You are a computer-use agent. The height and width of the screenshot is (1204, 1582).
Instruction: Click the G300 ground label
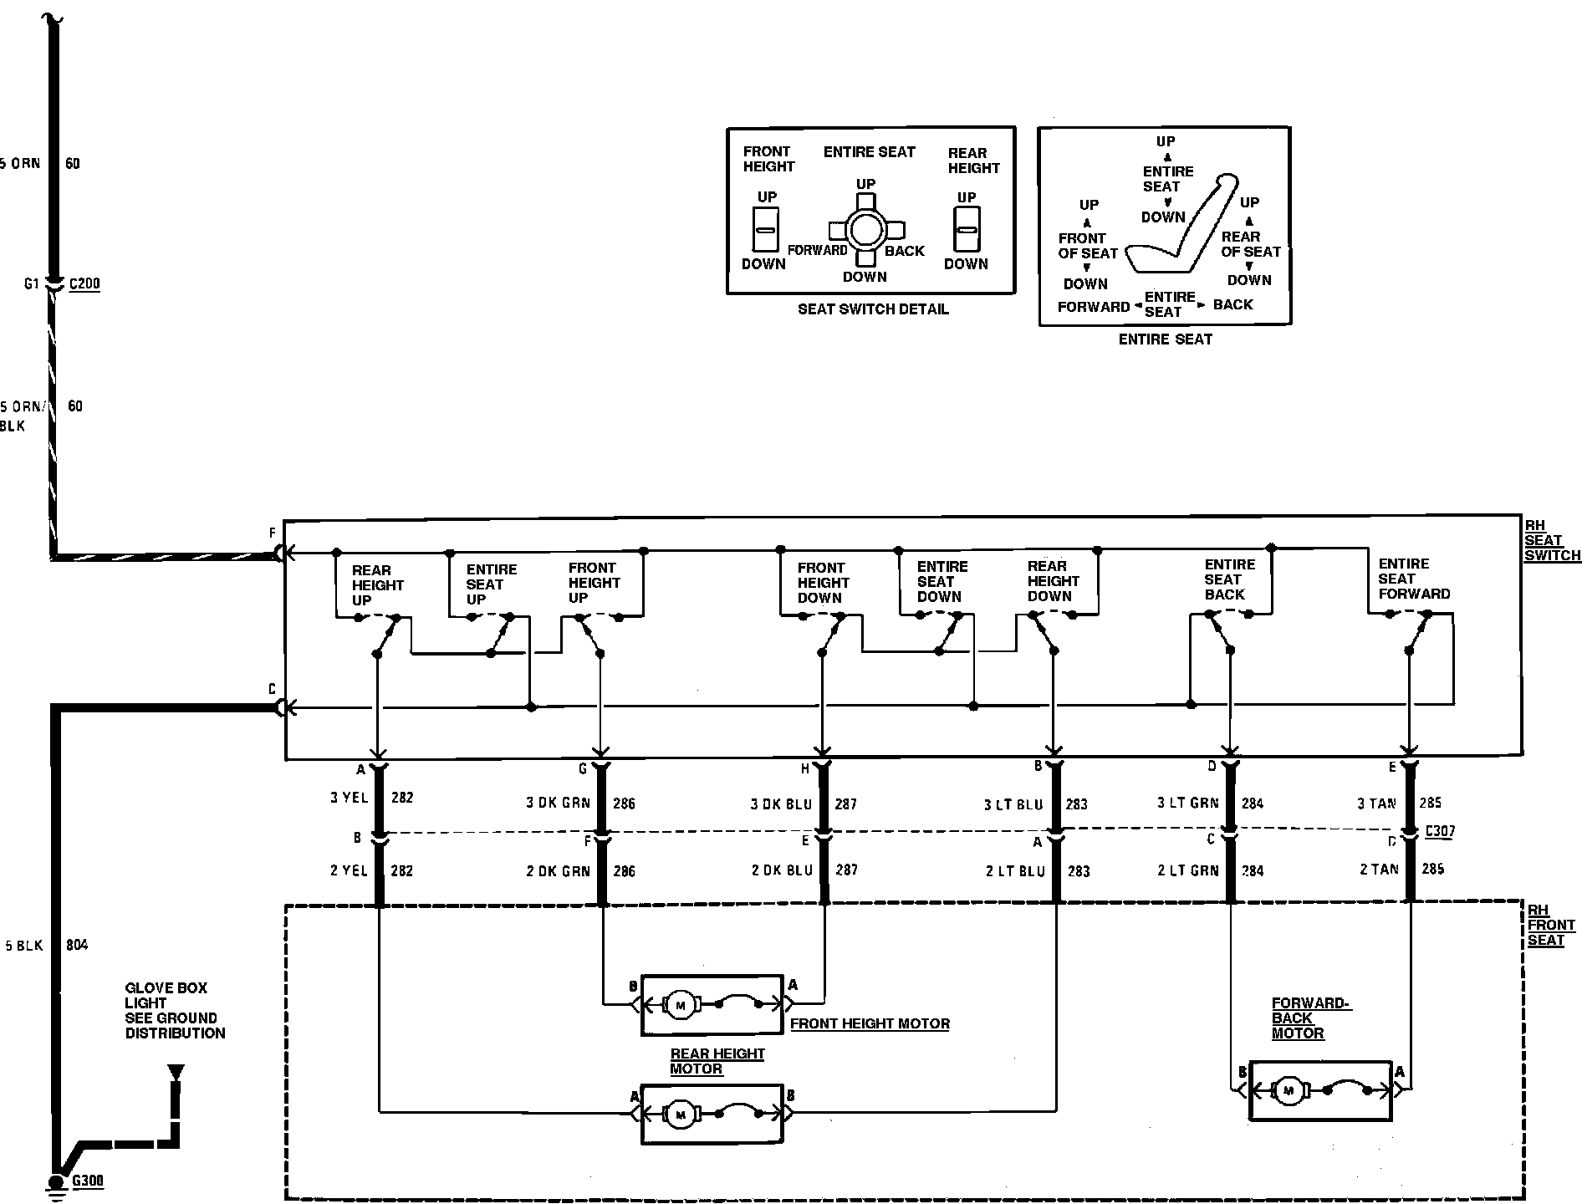(x=88, y=1181)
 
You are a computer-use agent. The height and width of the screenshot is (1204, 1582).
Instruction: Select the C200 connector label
(x=84, y=283)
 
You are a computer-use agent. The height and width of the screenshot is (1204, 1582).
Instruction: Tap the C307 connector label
(x=1440, y=831)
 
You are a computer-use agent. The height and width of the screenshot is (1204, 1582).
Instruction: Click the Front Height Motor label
(x=870, y=1023)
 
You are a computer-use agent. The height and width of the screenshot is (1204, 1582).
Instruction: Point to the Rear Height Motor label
(x=717, y=1061)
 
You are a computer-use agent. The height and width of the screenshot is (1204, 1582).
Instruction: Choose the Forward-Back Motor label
(x=1310, y=1018)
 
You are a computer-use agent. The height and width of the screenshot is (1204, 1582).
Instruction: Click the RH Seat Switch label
(x=1551, y=540)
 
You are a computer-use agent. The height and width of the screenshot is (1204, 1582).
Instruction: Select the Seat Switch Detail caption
(x=873, y=309)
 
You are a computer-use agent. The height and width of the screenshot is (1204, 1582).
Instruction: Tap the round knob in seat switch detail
(x=865, y=230)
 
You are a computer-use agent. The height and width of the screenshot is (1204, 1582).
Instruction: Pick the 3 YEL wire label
(x=350, y=798)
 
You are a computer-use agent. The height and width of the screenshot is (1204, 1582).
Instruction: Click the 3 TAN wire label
(x=1376, y=804)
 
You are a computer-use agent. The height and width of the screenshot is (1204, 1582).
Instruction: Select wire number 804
(x=77, y=946)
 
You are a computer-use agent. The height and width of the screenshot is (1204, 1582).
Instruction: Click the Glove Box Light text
(x=175, y=1010)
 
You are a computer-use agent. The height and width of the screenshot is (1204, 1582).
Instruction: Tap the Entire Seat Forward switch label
(x=1413, y=579)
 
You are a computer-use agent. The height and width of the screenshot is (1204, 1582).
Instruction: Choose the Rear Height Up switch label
(x=377, y=585)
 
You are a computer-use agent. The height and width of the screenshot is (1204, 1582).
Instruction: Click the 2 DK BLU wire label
(x=782, y=870)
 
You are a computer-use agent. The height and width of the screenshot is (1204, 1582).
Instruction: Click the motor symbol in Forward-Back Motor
(x=1289, y=1090)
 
